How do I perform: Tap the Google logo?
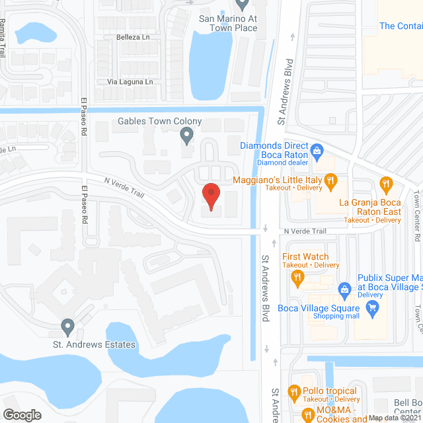(22, 414)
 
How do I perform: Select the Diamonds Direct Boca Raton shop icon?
(317, 151)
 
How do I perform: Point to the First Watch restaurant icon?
(298, 277)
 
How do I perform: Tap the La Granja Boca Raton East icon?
(386, 182)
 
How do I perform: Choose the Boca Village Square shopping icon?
(373, 306)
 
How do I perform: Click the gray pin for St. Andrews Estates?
(67, 327)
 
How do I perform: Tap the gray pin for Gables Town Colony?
(187, 137)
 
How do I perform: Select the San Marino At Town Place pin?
(242, 5)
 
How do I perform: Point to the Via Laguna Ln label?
(130, 82)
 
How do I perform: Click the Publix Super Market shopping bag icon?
(344, 289)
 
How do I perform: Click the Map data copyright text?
(395, 418)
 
